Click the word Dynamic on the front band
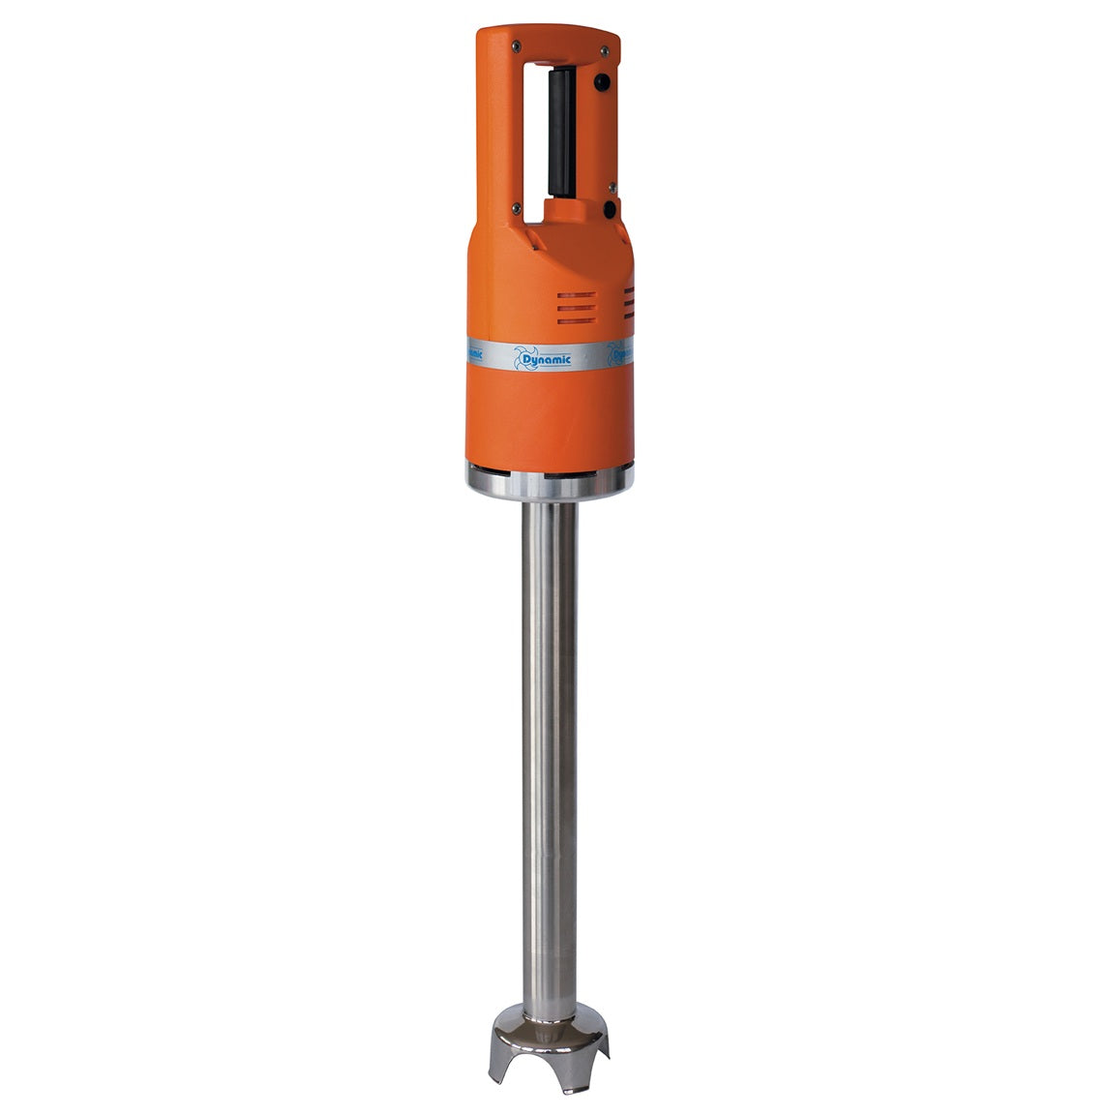546,360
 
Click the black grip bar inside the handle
560,133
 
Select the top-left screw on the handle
517,45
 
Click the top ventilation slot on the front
577,295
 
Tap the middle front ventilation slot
577,307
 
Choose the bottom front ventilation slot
577,318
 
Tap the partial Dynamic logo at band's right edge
619,353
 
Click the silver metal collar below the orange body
550,480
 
